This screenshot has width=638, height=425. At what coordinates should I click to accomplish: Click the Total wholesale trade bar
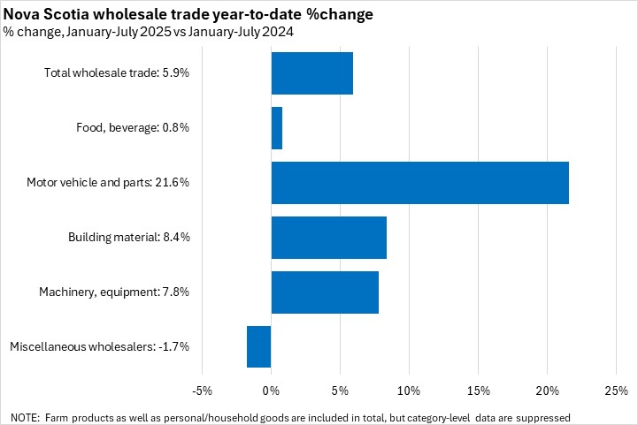311,73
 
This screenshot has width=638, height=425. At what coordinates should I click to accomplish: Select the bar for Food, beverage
276,128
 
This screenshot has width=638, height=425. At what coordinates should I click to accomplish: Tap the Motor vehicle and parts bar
419,183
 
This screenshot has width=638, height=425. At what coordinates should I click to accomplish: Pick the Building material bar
328,238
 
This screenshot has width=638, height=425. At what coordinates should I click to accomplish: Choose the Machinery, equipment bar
325,292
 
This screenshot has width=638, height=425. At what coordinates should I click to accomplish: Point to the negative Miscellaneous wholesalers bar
258,346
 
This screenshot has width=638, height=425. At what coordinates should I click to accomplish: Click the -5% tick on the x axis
202,391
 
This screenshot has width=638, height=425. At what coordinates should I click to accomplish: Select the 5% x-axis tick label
340,391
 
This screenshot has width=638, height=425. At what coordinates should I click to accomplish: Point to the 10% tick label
409,391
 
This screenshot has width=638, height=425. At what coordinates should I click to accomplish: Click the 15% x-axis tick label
478,391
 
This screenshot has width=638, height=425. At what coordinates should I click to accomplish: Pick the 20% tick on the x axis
547,391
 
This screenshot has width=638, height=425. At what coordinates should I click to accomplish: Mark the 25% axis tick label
616,391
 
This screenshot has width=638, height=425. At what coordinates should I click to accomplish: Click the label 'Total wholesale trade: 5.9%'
117,73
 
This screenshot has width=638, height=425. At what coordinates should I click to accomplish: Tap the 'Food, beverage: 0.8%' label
133,128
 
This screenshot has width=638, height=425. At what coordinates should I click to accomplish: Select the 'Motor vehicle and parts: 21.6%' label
108,183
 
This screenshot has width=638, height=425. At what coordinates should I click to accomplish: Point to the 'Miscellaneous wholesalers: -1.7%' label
99,346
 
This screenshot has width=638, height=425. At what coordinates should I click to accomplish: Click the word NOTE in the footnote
25,416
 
